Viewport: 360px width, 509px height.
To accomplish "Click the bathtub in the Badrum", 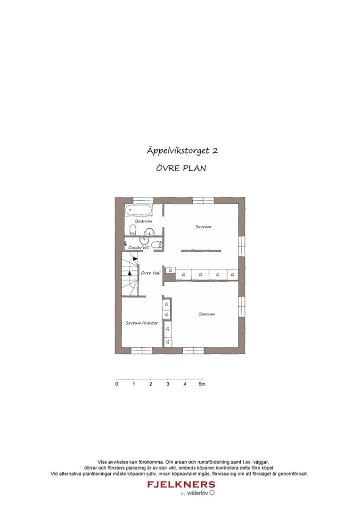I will coord(139,210).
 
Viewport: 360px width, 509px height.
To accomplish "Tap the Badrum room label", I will coord(143,221).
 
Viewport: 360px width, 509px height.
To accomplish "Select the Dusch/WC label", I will coord(139,247).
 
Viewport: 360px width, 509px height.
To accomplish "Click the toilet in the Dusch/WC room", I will coord(158,245).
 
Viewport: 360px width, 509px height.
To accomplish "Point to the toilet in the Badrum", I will coord(133,230).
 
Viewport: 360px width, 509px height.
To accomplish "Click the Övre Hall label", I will coord(151,273).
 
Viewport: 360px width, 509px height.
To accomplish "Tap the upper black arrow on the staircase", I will coord(135,259).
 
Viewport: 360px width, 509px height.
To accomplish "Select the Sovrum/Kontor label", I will coord(142,323).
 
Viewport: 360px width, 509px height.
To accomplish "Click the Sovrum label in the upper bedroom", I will coord(204,227).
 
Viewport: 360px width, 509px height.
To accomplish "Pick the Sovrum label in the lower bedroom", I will coord(207,314).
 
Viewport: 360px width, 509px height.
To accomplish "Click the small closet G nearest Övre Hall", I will coord(170,271).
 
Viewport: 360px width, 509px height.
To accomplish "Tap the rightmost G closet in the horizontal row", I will coord(232,274).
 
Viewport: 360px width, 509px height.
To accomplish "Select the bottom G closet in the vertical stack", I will coord(167,341).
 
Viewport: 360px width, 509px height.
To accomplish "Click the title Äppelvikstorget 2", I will coord(182,151).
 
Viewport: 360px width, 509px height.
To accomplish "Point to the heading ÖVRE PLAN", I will coord(181,168).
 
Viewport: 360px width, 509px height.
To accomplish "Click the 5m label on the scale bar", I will coord(202,384).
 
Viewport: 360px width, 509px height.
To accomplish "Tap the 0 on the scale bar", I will coord(116,384).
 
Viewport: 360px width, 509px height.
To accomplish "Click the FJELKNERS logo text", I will coord(181,484).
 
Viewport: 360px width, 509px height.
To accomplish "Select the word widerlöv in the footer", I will coord(198,493).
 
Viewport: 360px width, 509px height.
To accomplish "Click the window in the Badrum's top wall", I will coord(143,200).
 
